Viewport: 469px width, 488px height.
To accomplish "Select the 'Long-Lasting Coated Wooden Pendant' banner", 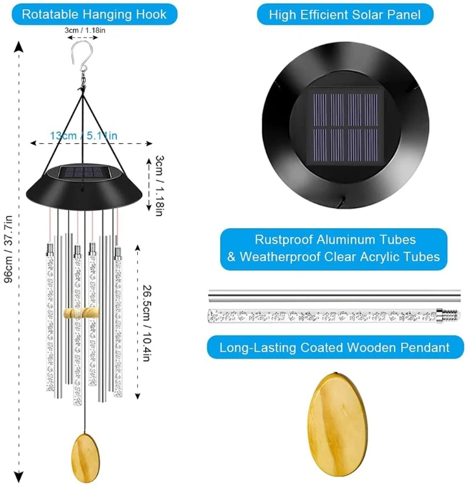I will pyautogui.click(x=334, y=348).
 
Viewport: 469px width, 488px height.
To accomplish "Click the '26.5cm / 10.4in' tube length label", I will pyautogui.click(x=146, y=323).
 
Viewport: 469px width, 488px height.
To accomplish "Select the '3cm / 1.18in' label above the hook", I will pyautogui.click(x=83, y=29).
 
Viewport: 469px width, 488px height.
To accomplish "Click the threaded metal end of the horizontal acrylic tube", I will pyautogui.click(x=448, y=316).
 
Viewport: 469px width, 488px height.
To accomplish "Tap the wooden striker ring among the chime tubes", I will pyautogui.click(x=81, y=312).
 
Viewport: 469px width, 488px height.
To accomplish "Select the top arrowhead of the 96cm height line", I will pyautogui.click(x=20, y=46).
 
